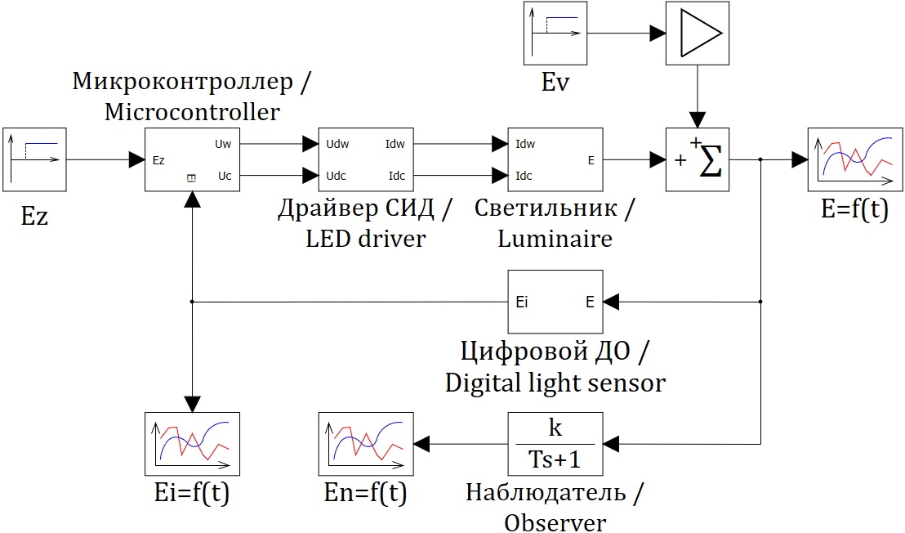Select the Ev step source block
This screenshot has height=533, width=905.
[x=555, y=34]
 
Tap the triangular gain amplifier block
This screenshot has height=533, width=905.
[x=697, y=34]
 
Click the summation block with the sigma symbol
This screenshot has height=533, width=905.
[x=697, y=160]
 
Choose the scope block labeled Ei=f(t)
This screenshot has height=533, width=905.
[x=192, y=445]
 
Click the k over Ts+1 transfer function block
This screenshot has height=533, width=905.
[x=555, y=445]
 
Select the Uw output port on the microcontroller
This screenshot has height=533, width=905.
[x=223, y=144]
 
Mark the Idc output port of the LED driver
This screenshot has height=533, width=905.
[x=396, y=175]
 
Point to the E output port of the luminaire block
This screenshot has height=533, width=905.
[x=591, y=160]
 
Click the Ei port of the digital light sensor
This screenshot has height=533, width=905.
[x=523, y=302]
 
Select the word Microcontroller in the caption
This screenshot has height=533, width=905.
[x=192, y=111]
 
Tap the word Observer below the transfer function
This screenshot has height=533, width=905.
[x=555, y=523]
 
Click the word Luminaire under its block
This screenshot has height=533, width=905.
[x=555, y=239]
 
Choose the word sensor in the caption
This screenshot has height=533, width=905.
[x=625, y=382]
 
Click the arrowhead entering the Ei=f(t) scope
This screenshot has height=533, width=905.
[x=192, y=404]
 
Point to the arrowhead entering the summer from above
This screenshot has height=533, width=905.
[x=697, y=119]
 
